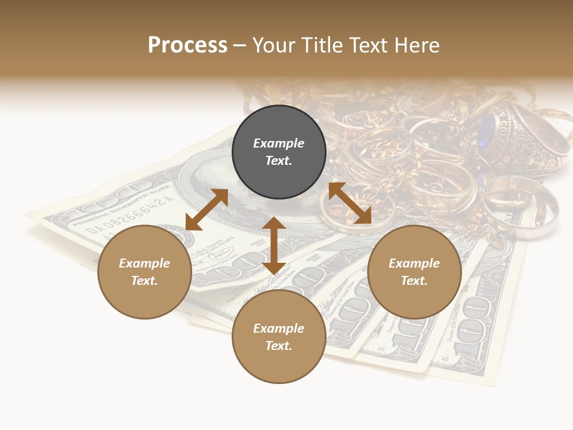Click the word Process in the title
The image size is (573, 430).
click(187, 45)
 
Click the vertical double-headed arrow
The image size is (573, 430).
click(274, 245)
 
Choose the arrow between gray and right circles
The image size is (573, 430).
click(350, 203)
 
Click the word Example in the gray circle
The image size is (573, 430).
click(279, 143)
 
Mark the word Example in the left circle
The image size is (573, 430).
click(144, 263)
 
